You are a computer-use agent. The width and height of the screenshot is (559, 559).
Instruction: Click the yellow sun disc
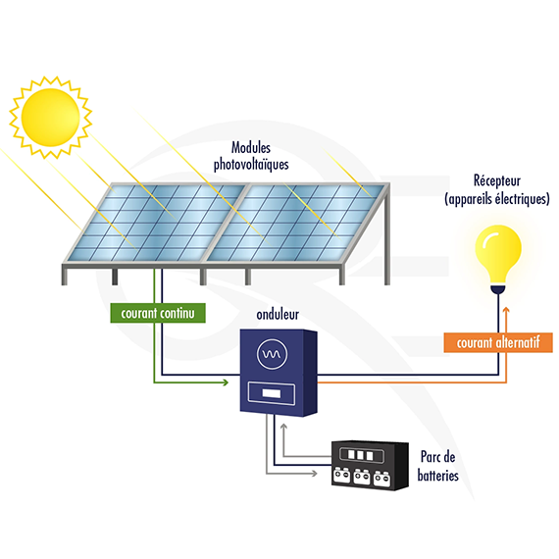tap(50, 118)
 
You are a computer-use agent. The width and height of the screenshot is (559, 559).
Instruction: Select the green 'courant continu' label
tap(158, 313)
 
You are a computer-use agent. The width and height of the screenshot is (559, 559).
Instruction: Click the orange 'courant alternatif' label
tap(498, 342)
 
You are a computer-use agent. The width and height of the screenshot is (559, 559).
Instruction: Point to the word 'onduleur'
tap(278, 315)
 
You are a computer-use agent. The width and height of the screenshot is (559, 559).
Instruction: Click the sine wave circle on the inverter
tap(272, 354)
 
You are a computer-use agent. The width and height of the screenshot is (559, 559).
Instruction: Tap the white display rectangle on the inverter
tap(271, 393)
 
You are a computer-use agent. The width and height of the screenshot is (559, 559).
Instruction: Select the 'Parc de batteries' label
tap(437, 466)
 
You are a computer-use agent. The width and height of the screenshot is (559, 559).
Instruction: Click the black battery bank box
tap(370, 465)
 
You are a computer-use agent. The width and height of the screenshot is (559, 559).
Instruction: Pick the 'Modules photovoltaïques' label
tap(251, 156)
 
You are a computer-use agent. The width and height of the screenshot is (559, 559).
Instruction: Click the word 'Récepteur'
tap(497, 180)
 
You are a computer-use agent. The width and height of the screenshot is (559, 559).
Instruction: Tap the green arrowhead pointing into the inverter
tap(226, 382)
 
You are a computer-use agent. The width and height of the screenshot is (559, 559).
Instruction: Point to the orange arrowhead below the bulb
tap(506, 310)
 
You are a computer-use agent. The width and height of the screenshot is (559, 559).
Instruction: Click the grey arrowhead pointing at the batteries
tap(314, 474)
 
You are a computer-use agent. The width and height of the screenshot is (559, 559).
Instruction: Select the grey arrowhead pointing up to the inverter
tap(283, 427)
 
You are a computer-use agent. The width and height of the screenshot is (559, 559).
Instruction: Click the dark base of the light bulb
tap(498, 288)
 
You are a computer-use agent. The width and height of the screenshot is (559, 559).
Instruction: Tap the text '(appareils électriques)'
tap(497, 199)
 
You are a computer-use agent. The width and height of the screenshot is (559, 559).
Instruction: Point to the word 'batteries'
tap(437, 476)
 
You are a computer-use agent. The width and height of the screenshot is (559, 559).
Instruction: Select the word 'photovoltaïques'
tap(251, 165)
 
